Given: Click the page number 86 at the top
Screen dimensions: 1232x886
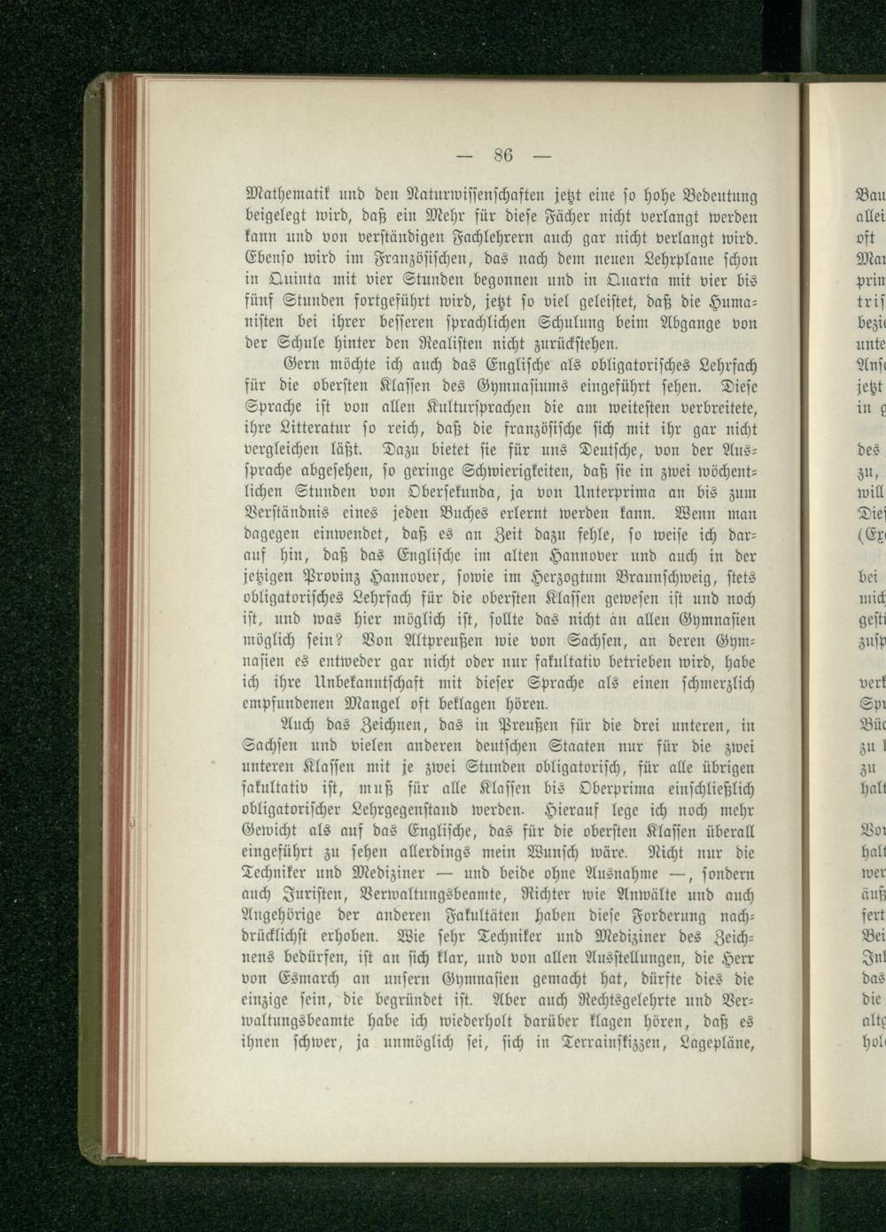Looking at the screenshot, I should point(505,157).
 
